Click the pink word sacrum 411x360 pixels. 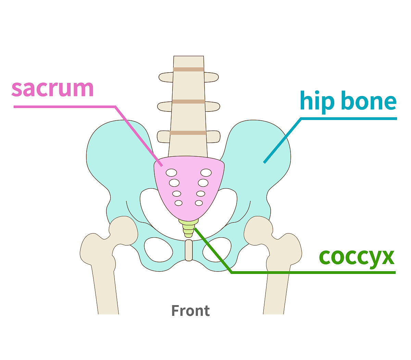click(52, 88)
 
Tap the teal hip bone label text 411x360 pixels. click(348, 101)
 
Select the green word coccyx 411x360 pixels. click(357, 256)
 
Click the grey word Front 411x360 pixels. click(190, 311)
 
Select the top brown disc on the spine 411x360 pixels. click(188, 69)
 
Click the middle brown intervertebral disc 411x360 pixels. click(188, 101)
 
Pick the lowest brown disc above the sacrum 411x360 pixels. click(188, 133)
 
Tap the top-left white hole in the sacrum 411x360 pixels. click(171, 172)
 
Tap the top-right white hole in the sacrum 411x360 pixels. click(206, 172)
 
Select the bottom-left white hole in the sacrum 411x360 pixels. click(178, 203)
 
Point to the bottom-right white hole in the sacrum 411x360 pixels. click(199, 203)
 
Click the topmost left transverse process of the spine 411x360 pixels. click(165, 77)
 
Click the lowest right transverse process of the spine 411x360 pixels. click(213, 137)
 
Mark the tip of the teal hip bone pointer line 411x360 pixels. click(264, 163)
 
